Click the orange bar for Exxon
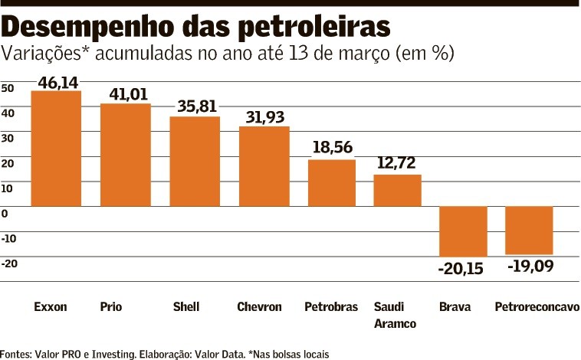coord(55,149)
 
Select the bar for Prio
coord(126,155)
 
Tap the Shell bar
coord(195,162)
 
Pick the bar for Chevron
coord(264,166)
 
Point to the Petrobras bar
coord(332,183)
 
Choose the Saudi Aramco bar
coord(398,191)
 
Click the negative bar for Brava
coord(463,231)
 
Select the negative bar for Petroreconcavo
coord(530,230)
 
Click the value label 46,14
coord(58,81)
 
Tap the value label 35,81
coord(197,106)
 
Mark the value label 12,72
coord(397,163)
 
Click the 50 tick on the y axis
coord(8,88)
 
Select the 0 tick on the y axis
coord(5,213)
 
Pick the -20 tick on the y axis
coord(9,263)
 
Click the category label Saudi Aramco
coord(395,315)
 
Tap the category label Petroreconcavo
coord(537,307)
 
